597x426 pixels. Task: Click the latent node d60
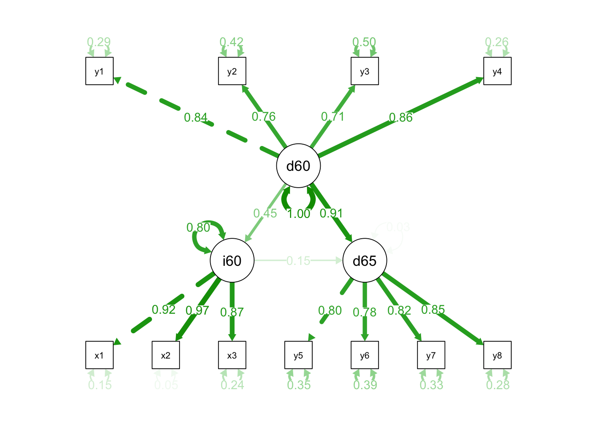point(298,166)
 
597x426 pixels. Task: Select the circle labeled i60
point(232,260)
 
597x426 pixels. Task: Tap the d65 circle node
point(365,260)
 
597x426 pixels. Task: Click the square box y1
point(99,71)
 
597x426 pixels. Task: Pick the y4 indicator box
point(497,71)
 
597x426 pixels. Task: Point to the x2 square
point(166,355)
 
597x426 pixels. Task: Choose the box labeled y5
point(298,355)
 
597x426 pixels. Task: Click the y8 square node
point(497,355)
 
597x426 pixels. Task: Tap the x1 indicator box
point(99,355)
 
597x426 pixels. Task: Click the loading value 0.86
point(401,118)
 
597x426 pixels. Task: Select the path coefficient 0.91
point(331,213)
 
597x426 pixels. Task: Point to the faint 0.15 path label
point(298,260)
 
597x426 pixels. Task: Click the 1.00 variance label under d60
point(298,214)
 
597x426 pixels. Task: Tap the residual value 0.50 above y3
point(364,42)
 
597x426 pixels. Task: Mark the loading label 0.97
point(197,311)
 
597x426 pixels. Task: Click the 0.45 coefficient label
point(265,213)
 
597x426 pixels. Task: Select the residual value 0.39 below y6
point(365,385)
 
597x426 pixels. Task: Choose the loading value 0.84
point(196,118)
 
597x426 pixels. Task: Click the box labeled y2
point(232,71)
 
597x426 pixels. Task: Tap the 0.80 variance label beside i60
point(198,228)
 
